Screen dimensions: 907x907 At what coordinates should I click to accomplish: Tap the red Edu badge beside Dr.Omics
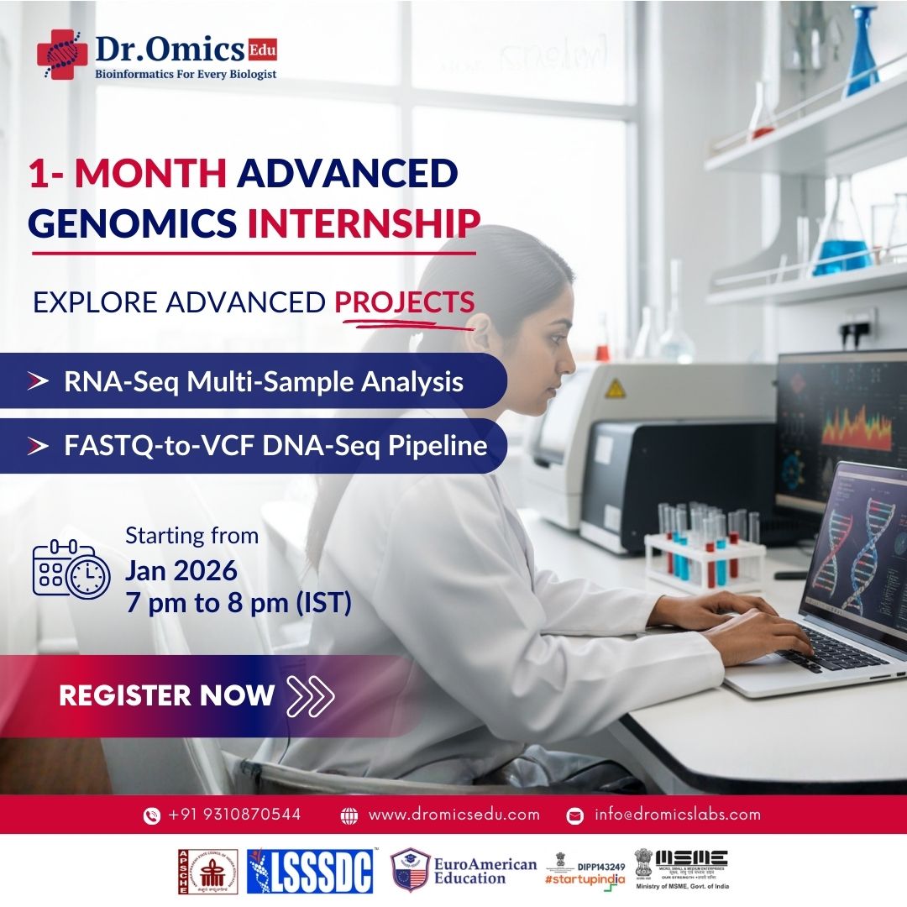(x=262, y=50)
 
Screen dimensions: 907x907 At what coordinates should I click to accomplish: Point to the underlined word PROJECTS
(x=404, y=302)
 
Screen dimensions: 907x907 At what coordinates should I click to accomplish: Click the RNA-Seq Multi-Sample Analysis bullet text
(x=263, y=382)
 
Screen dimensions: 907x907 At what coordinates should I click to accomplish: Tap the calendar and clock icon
(x=71, y=569)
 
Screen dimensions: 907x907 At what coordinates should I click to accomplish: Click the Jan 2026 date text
(x=181, y=571)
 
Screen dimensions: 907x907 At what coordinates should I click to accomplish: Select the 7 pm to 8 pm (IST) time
(x=238, y=603)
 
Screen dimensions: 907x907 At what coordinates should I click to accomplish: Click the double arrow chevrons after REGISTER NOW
(x=310, y=695)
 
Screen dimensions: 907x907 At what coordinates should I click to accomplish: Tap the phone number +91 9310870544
(x=233, y=814)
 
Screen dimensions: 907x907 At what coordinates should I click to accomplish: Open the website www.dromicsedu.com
(x=453, y=814)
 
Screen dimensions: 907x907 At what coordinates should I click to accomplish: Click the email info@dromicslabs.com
(x=677, y=814)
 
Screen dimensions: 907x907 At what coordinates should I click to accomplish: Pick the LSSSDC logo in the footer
(x=312, y=871)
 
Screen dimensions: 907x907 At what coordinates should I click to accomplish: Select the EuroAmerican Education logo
(x=464, y=871)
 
